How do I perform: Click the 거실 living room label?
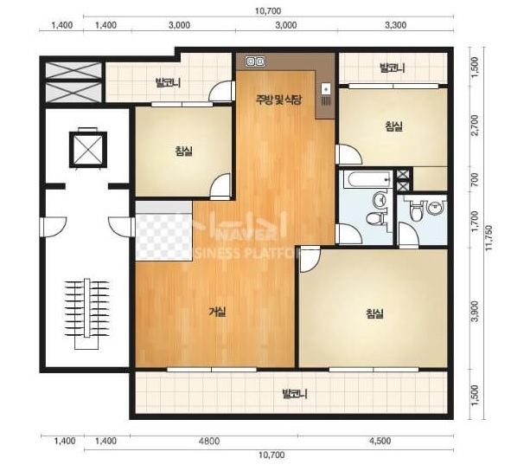point(217,312)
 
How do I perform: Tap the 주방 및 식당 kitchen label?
point(278,100)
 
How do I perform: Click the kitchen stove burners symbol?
point(255,61)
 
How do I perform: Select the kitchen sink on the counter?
point(326,88)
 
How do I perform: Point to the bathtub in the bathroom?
point(366,179)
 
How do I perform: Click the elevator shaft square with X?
point(87,150)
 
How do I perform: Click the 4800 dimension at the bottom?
point(209,441)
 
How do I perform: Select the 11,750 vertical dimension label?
point(489,238)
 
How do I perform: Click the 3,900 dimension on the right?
point(475,311)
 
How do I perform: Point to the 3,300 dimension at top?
point(396,25)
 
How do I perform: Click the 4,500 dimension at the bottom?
point(380,441)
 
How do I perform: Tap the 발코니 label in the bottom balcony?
point(295,394)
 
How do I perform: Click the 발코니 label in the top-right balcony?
point(393,68)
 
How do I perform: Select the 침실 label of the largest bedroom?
point(374,313)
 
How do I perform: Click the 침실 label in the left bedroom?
point(183,151)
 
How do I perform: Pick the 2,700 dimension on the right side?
point(475,125)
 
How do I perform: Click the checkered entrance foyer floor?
point(163,231)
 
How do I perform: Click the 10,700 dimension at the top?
point(268,11)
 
